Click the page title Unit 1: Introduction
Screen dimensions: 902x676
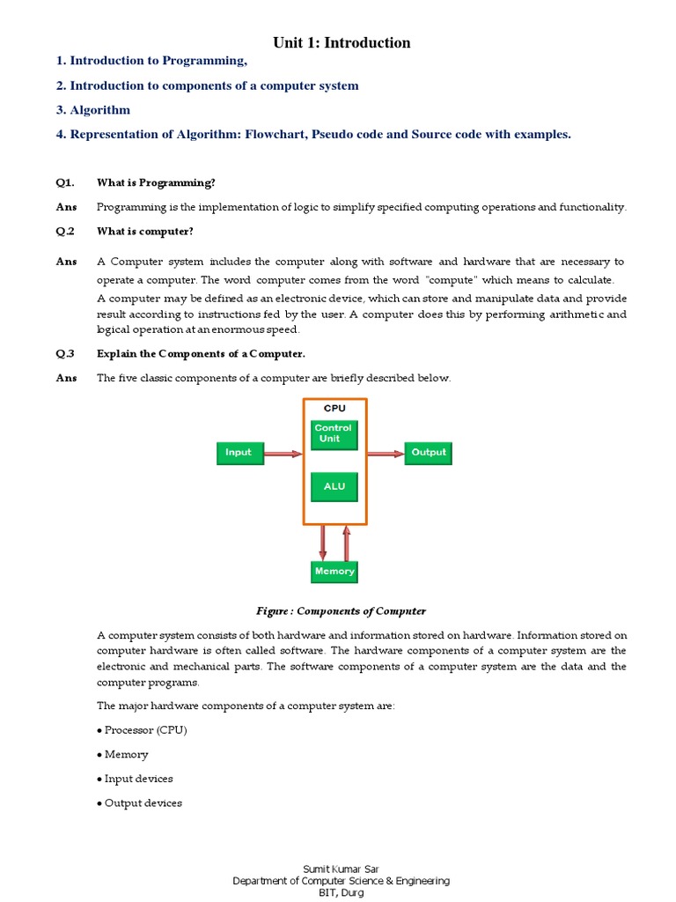[342, 42]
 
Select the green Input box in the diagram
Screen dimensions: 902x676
[239, 453]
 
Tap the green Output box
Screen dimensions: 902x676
[429, 453]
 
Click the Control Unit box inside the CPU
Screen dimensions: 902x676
[334, 433]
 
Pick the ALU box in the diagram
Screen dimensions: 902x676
[334, 485]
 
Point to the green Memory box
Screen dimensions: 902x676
[334, 572]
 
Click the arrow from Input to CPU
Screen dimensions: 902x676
[283, 454]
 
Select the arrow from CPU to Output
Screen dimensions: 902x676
[386, 454]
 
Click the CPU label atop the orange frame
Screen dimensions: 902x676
[334, 409]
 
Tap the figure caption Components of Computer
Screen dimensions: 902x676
[341, 610]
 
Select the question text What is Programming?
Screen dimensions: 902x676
[156, 182]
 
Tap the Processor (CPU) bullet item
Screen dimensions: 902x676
[143, 730]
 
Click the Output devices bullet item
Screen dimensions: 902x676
[141, 802]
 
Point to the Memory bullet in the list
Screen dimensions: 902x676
[124, 754]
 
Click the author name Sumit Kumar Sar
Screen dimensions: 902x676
[341, 869]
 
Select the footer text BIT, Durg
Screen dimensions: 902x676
[341, 892]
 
